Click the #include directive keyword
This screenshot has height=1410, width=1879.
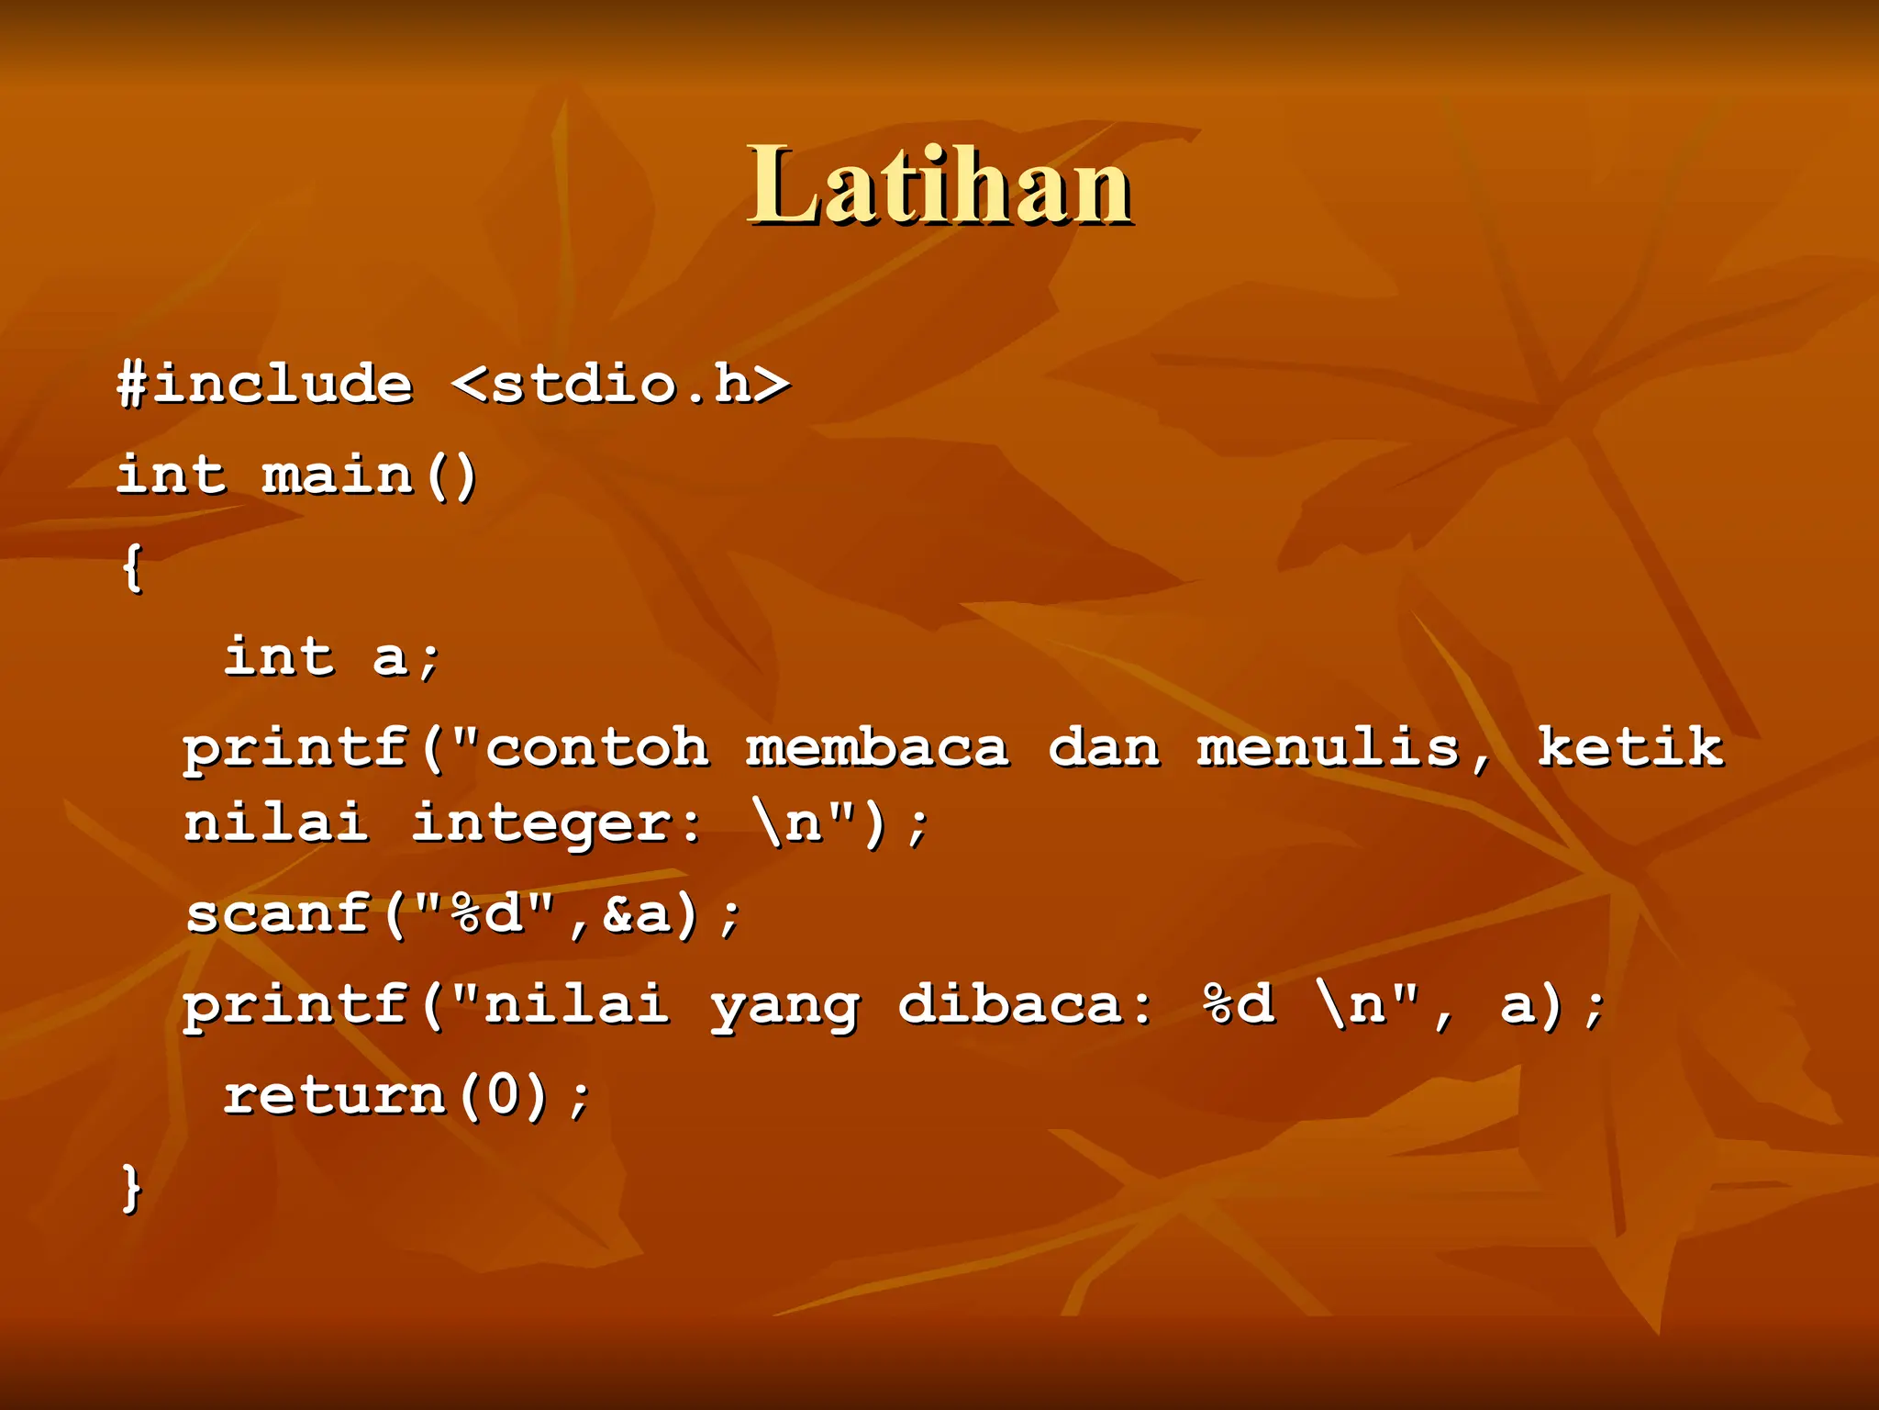pos(265,384)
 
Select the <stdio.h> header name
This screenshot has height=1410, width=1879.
pos(621,384)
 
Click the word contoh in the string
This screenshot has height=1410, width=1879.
pos(596,747)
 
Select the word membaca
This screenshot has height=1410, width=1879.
pos(877,747)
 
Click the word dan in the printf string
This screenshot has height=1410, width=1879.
pos(1104,747)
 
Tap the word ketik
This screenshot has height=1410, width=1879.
pos(1630,747)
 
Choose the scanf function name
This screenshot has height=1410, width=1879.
pos(278,914)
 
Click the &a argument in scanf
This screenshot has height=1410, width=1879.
pos(637,914)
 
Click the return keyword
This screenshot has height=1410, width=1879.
pos(334,1096)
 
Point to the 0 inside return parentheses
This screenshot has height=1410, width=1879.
pos(503,1096)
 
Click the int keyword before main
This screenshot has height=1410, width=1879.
pos(171,476)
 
